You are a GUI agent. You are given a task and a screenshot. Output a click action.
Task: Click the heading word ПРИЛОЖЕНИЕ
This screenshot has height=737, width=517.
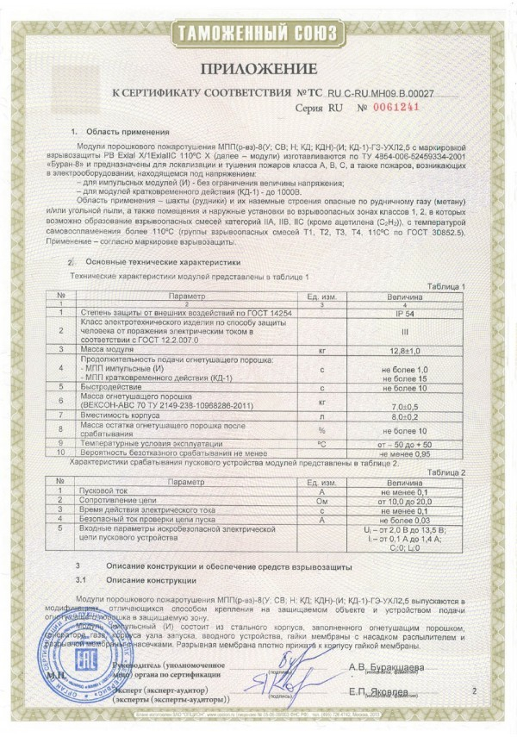click(x=258, y=68)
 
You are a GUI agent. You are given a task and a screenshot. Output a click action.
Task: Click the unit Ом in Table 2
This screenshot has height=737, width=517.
click(x=320, y=499)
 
